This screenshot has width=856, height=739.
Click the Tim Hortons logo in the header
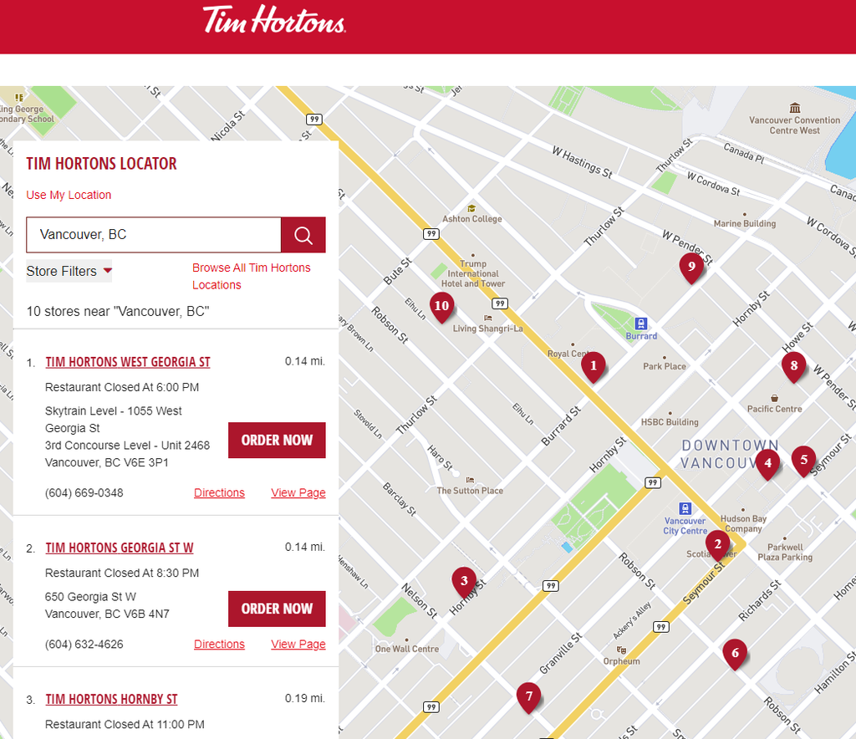[x=274, y=19]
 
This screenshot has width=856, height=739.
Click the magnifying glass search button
[x=303, y=235]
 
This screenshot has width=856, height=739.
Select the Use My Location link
[x=69, y=195]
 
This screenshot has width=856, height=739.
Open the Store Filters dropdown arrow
[x=107, y=271]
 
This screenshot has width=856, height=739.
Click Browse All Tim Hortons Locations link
[x=251, y=276]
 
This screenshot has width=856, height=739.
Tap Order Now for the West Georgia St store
[x=277, y=440]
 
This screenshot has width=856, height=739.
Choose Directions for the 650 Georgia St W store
[x=219, y=644]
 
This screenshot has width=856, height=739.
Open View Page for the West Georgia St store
[x=298, y=492]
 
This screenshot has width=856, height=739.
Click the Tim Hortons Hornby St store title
[x=111, y=699]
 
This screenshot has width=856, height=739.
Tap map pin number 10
[x=441, y=307]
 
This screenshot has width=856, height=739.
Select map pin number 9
[x=690, y=268]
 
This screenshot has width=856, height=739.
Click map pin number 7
[x=527, y=696]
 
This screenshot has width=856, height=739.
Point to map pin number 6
[x=735, y=653]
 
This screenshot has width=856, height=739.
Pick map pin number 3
[x=463, y=579]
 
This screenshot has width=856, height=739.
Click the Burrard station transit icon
[x=641, y=324]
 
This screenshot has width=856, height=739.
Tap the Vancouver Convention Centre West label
[x=794, y=125]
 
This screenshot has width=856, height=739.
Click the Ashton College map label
[x=472, y=219]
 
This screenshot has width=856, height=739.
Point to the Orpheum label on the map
[x=621, y=661]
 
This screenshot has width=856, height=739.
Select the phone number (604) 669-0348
[x=84, y=492]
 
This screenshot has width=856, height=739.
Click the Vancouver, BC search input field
[x=154, y=235]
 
